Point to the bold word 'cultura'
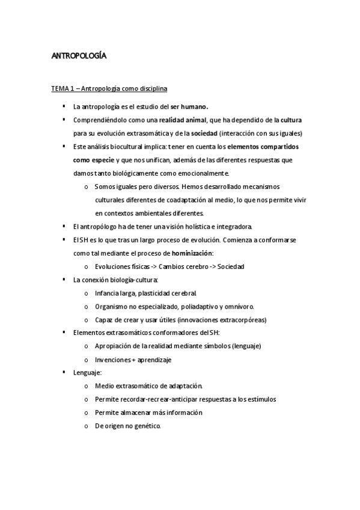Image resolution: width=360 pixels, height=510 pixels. tap(290, 120)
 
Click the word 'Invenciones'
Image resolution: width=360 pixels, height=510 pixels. tap(114, 360)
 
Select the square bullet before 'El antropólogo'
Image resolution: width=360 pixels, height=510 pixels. tap(63, 226)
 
